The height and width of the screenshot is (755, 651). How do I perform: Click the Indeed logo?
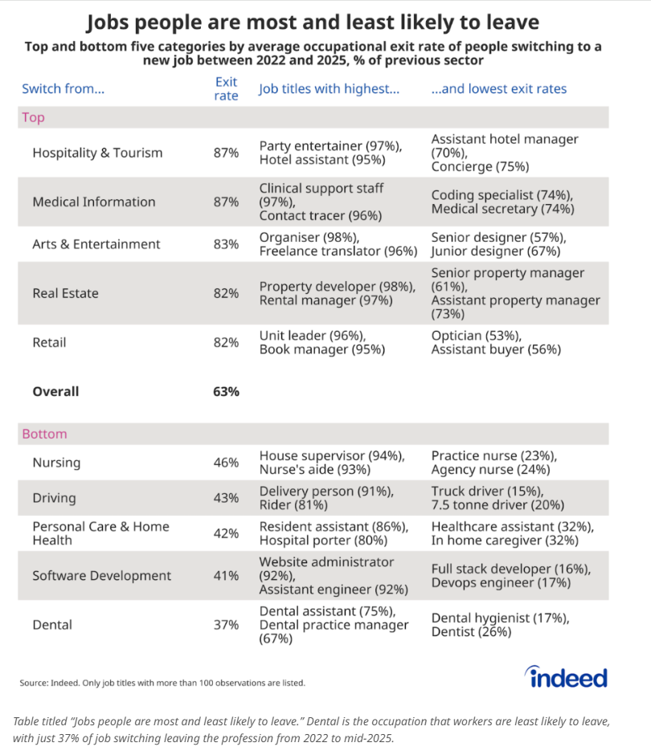[566, 677]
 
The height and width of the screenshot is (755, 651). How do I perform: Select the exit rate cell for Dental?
[226, 625]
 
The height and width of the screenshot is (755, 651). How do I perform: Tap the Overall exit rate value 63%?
[226, 391]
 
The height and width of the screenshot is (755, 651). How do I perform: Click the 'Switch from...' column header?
[63, 88]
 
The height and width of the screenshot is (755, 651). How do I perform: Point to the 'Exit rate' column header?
[226, 88]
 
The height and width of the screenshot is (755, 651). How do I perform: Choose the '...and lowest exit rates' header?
[499, 88]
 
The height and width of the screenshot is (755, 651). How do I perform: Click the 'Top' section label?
[33, 117]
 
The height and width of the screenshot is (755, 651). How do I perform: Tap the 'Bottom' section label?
[44, 434]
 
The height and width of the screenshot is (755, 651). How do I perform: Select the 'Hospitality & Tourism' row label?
[97, 153]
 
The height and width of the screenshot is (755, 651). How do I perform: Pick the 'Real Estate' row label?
[66, 293]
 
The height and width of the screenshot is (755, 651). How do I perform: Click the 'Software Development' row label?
[102, 575]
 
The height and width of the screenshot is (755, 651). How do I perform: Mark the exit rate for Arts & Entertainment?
[226, 244]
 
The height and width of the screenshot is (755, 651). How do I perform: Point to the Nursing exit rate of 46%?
[226, 463]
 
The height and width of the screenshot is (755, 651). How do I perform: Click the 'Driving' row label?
[54, 498]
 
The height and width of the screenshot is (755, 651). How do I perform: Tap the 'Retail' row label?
[49, 342]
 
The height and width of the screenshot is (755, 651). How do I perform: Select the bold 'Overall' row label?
[55, 391]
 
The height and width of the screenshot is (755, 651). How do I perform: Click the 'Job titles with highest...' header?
[329, 88]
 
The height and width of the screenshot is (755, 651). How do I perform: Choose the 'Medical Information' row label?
[94, 202]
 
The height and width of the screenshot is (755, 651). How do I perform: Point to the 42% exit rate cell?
[226, 533]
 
